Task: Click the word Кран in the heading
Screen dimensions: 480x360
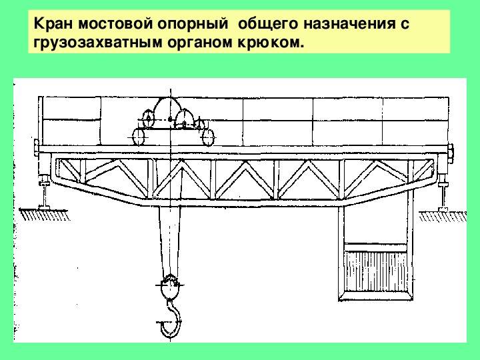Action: [x=53, y=23]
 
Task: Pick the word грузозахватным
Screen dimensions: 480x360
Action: [x=98, y=43]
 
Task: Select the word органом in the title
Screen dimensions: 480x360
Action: [x=200, y=43]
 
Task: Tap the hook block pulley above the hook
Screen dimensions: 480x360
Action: [x=169, y=287]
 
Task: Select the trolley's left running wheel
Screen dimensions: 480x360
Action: [x=139, y=137]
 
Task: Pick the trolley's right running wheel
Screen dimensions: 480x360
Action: [x=208, y=137]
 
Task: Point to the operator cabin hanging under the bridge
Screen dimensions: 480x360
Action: [x=376, y=254]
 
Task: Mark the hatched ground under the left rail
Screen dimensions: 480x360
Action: [x=45, y=215]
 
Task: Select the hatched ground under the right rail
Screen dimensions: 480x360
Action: [x=443, y=216]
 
